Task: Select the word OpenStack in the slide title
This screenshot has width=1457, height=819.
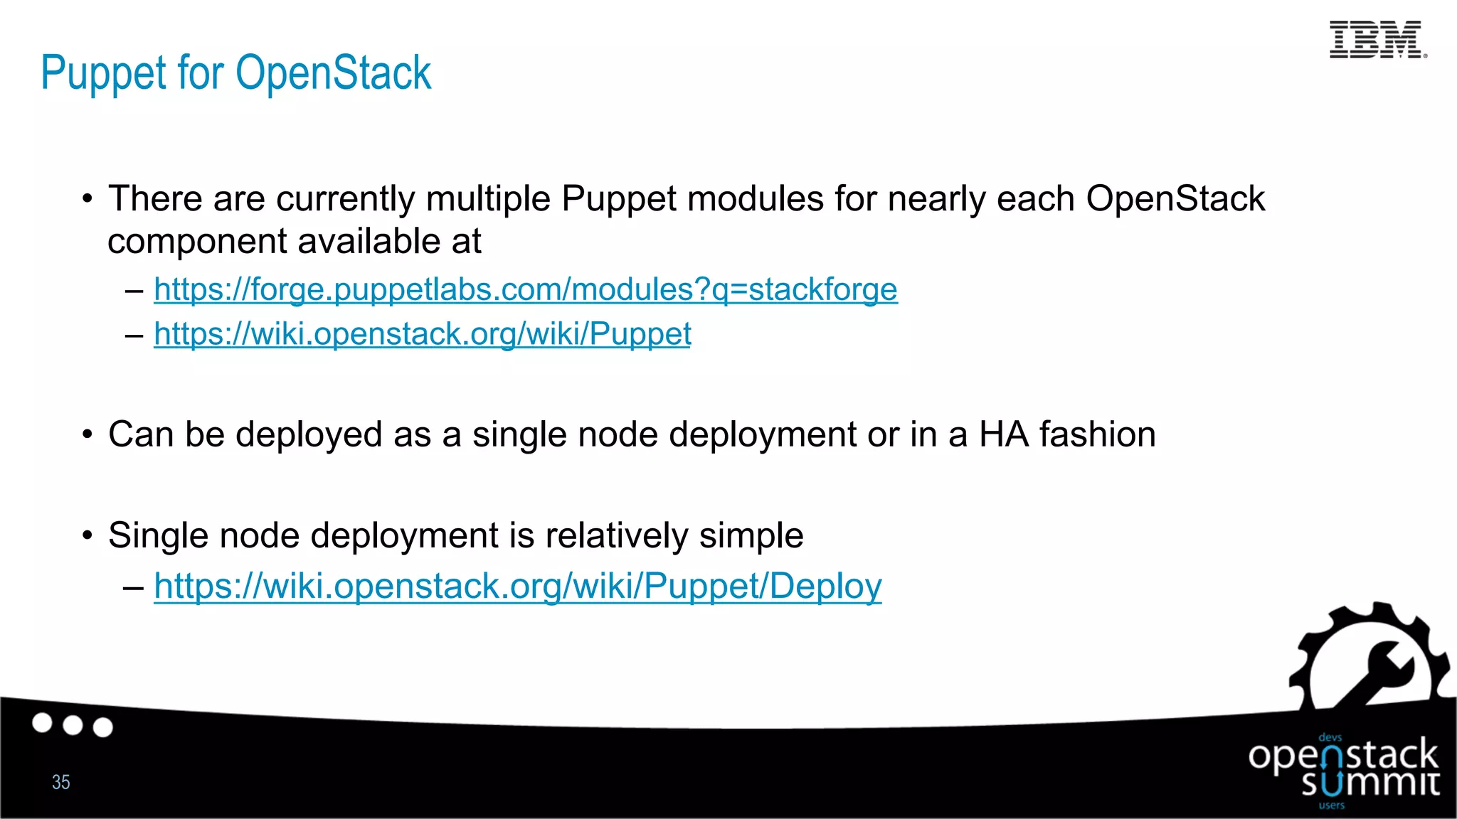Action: pyautogui.click(x=333, y=73)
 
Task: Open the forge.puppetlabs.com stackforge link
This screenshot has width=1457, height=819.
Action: pyautogui.click(x=525, y=290)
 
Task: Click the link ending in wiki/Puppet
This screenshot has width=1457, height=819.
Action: pyautogui.click(x=422, y=334)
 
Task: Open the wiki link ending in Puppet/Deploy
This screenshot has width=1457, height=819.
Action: pyautogui.click(x=517, y=587)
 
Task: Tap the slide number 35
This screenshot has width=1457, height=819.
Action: pyautogui.click(x=61, y=782)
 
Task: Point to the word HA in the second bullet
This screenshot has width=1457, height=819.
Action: pyautogui.click(x=1003, y=434)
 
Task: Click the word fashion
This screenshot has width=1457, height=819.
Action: pyautogui.click(x=1097, y=434)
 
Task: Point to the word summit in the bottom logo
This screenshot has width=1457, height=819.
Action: pyautogui.click(x=1370, y=784)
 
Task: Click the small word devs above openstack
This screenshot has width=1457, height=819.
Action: pyautogui.click(x=1330, y=738)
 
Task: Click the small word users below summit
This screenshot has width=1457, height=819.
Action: pyautogui.click(x=1331, y=805)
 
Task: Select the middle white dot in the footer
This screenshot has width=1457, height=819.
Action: pyautogui.click(x=73, y=725)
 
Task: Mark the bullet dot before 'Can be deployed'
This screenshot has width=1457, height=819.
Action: pyautogui.click(x=87, y=434)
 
